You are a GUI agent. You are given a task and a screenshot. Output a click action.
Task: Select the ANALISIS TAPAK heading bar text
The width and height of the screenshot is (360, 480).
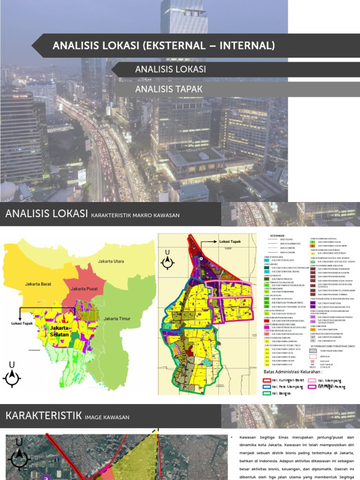162,89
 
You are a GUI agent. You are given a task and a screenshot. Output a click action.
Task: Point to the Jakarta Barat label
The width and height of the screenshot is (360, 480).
38,284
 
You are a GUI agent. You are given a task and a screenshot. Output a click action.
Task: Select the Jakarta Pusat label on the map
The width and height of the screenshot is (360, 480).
85,289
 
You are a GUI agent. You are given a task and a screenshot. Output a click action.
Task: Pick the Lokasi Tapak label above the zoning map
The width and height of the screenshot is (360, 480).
229,242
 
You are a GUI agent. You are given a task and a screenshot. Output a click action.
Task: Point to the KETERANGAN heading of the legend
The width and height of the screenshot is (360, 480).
279,236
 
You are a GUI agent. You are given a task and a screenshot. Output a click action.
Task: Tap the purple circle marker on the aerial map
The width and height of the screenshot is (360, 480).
45,476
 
